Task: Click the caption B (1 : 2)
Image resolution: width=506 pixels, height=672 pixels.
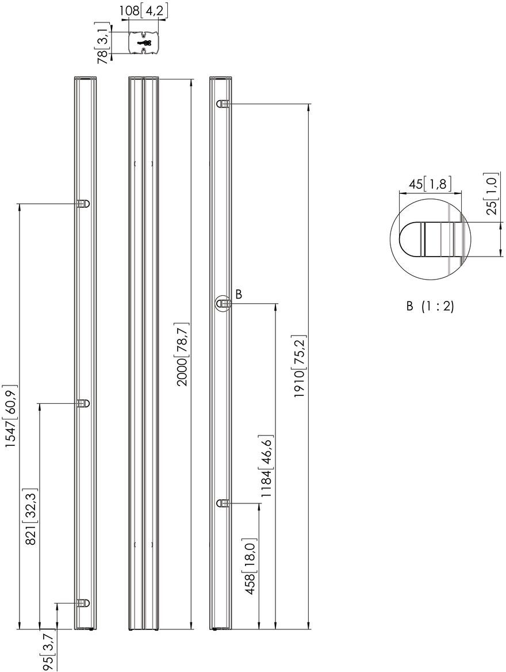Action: click(x=430, y=307)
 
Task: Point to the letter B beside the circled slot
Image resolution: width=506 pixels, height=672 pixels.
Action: click(x=239, y=295)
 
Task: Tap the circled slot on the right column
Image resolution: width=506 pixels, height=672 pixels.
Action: click(x=224, y=303)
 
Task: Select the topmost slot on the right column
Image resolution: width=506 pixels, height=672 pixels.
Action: click(x=224, y=104)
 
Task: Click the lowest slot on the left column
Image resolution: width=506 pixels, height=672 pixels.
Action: click(x=83, y=603)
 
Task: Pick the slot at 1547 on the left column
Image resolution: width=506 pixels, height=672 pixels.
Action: click(x=83, y=204)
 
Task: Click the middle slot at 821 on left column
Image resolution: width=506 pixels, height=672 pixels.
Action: click(x=83, y=403)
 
